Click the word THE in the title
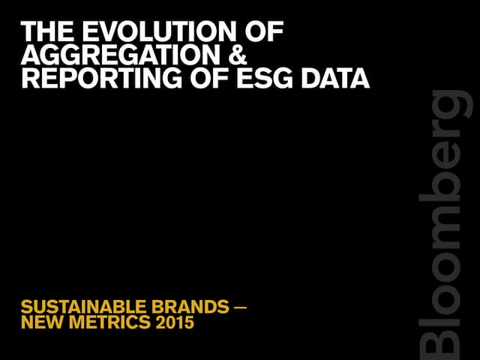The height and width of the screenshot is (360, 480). click(x=46, y=31)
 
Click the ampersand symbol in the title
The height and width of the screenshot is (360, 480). click(x=236, y=55)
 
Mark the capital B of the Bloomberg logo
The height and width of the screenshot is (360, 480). click(x=445, y=337)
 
